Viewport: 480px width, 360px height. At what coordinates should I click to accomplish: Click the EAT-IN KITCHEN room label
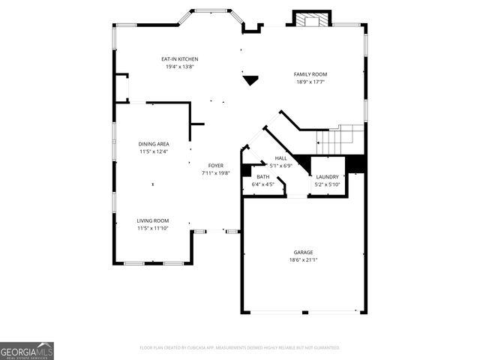click(180, 59)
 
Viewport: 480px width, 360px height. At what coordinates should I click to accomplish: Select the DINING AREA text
click(153, 144)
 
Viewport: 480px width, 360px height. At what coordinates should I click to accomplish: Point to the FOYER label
click(215, 165)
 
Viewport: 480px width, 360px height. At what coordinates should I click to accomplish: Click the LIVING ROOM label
click(152, 220)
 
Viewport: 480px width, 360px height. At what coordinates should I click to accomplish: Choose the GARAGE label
click(303, 253)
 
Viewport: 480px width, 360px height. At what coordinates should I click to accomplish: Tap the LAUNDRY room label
click(327, 177)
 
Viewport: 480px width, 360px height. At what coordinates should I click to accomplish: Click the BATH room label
click(263, 177)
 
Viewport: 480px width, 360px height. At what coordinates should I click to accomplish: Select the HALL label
click(280, 158)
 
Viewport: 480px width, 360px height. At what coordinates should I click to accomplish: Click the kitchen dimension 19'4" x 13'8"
click(180, 67)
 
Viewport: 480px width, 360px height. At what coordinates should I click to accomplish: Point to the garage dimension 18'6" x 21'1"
click(303, 260)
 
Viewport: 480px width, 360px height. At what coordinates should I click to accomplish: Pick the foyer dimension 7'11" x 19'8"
click(215, 173)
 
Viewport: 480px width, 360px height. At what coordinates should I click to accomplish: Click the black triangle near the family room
click(250, 78)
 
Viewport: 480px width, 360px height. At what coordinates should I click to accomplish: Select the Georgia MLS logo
click(27, 350)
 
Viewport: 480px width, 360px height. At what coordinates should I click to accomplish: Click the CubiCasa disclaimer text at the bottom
click(240, 348)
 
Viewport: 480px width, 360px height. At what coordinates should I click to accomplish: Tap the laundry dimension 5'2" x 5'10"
click(327, 184)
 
